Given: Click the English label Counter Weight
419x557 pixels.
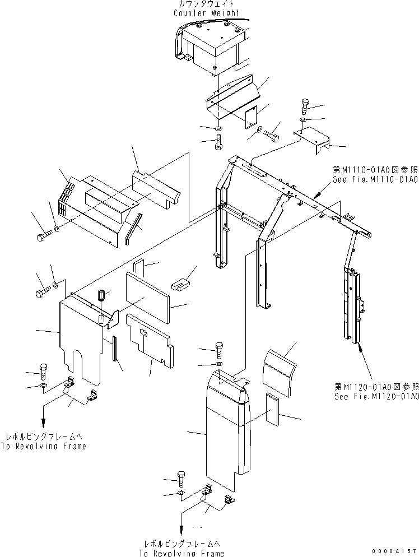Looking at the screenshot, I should [x=206, y=12].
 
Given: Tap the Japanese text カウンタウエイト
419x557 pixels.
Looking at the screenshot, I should [x=206, y=4].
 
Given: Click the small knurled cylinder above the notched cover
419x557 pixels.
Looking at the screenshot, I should [x=102, y=295].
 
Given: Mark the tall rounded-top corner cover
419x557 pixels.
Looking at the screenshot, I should [x=224, y=426].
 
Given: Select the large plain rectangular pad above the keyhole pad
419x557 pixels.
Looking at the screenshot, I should [x=146, y=297].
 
